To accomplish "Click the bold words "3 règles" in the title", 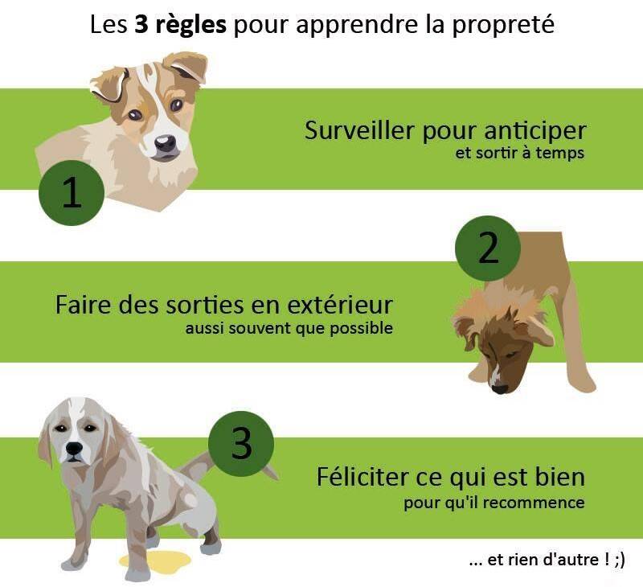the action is (180, 26).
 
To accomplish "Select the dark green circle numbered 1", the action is (72, 192).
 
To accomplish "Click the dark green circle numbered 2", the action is (488, 248).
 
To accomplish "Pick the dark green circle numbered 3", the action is (240, 443).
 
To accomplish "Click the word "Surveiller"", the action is (359, 130).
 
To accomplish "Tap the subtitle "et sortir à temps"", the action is (519, 153).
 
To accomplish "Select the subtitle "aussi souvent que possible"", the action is (289, 329).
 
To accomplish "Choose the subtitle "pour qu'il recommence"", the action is (494, 503).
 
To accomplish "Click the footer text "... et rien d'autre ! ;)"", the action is (547, 560).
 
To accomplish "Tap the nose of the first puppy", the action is (166, 144).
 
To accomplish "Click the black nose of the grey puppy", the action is (74, 448).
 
